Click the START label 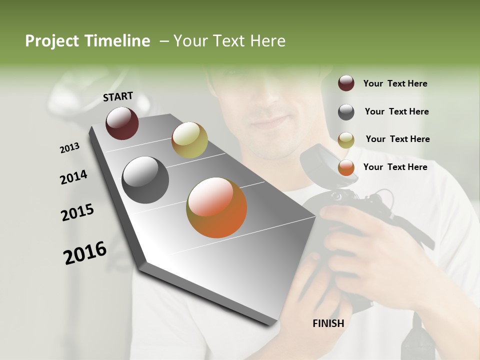tap(118, 96)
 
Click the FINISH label tap(328, 323)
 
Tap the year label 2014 tap(73, 177)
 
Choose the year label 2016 tap(85, 252)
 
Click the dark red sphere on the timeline tap(122, 123)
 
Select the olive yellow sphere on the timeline tap(189, 140)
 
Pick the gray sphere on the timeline tap(145, 180)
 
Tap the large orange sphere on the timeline tap(216, 207)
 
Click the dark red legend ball tap(346, 83)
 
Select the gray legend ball tap(346, 112)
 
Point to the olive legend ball tap(346, 140)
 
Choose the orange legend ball tap(346, 167)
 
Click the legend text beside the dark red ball tap(395, 83)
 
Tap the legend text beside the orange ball tap(395, 167)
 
